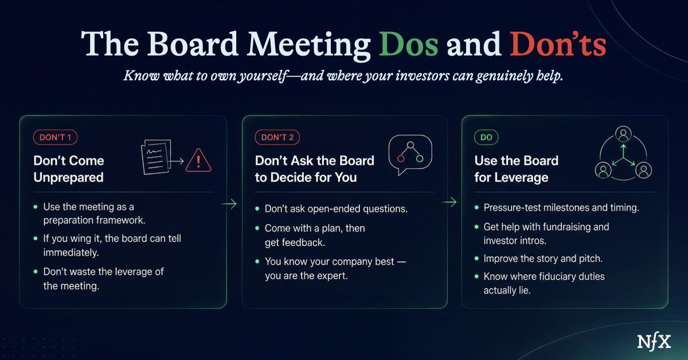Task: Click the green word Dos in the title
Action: (409, 44)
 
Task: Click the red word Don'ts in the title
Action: (558, 44)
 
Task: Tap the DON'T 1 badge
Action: (55, 138)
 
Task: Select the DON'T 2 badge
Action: (277, 138)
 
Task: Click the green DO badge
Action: (486, 138)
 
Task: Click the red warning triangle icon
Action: (198, 161)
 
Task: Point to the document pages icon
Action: (156, 157)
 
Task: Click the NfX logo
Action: (654, 342)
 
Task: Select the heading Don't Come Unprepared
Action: (69, 169)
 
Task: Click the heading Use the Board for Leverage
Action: (517, 169)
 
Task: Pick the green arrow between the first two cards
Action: (229, 204)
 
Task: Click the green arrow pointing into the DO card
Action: (449, 202)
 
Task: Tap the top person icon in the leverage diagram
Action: (624, 134)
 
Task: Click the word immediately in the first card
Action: (71, 252)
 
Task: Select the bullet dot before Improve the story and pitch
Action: (476, 259)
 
